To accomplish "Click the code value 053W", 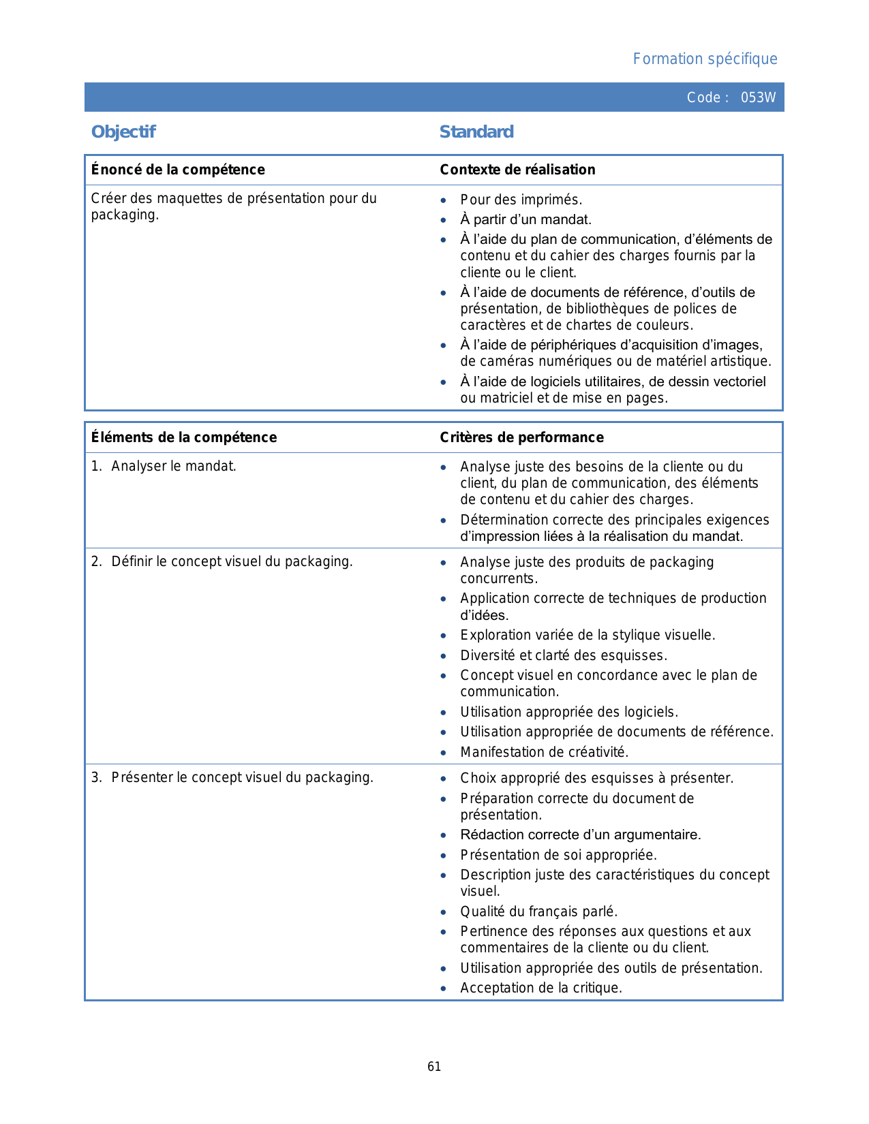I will [758, 97].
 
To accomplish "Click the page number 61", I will [434, 1067].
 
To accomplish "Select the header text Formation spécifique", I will [705, 59].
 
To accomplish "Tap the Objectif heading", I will [123, 132].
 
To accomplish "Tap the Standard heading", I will [476, 132].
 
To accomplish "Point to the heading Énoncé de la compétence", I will [178, 170].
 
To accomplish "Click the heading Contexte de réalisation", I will [517, 170].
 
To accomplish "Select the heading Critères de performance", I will [521, 437].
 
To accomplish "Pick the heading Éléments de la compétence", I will [184, 437].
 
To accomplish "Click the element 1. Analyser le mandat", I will [164, 467].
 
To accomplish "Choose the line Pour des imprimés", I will [521, 200].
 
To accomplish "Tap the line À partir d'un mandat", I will [525, 219].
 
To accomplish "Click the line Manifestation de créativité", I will [544, 752].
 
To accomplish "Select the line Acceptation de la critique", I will [541, 988].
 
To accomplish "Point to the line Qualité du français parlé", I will [538, 911].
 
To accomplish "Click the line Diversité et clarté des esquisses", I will [563, 655].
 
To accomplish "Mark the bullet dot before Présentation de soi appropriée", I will [444, 856].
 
